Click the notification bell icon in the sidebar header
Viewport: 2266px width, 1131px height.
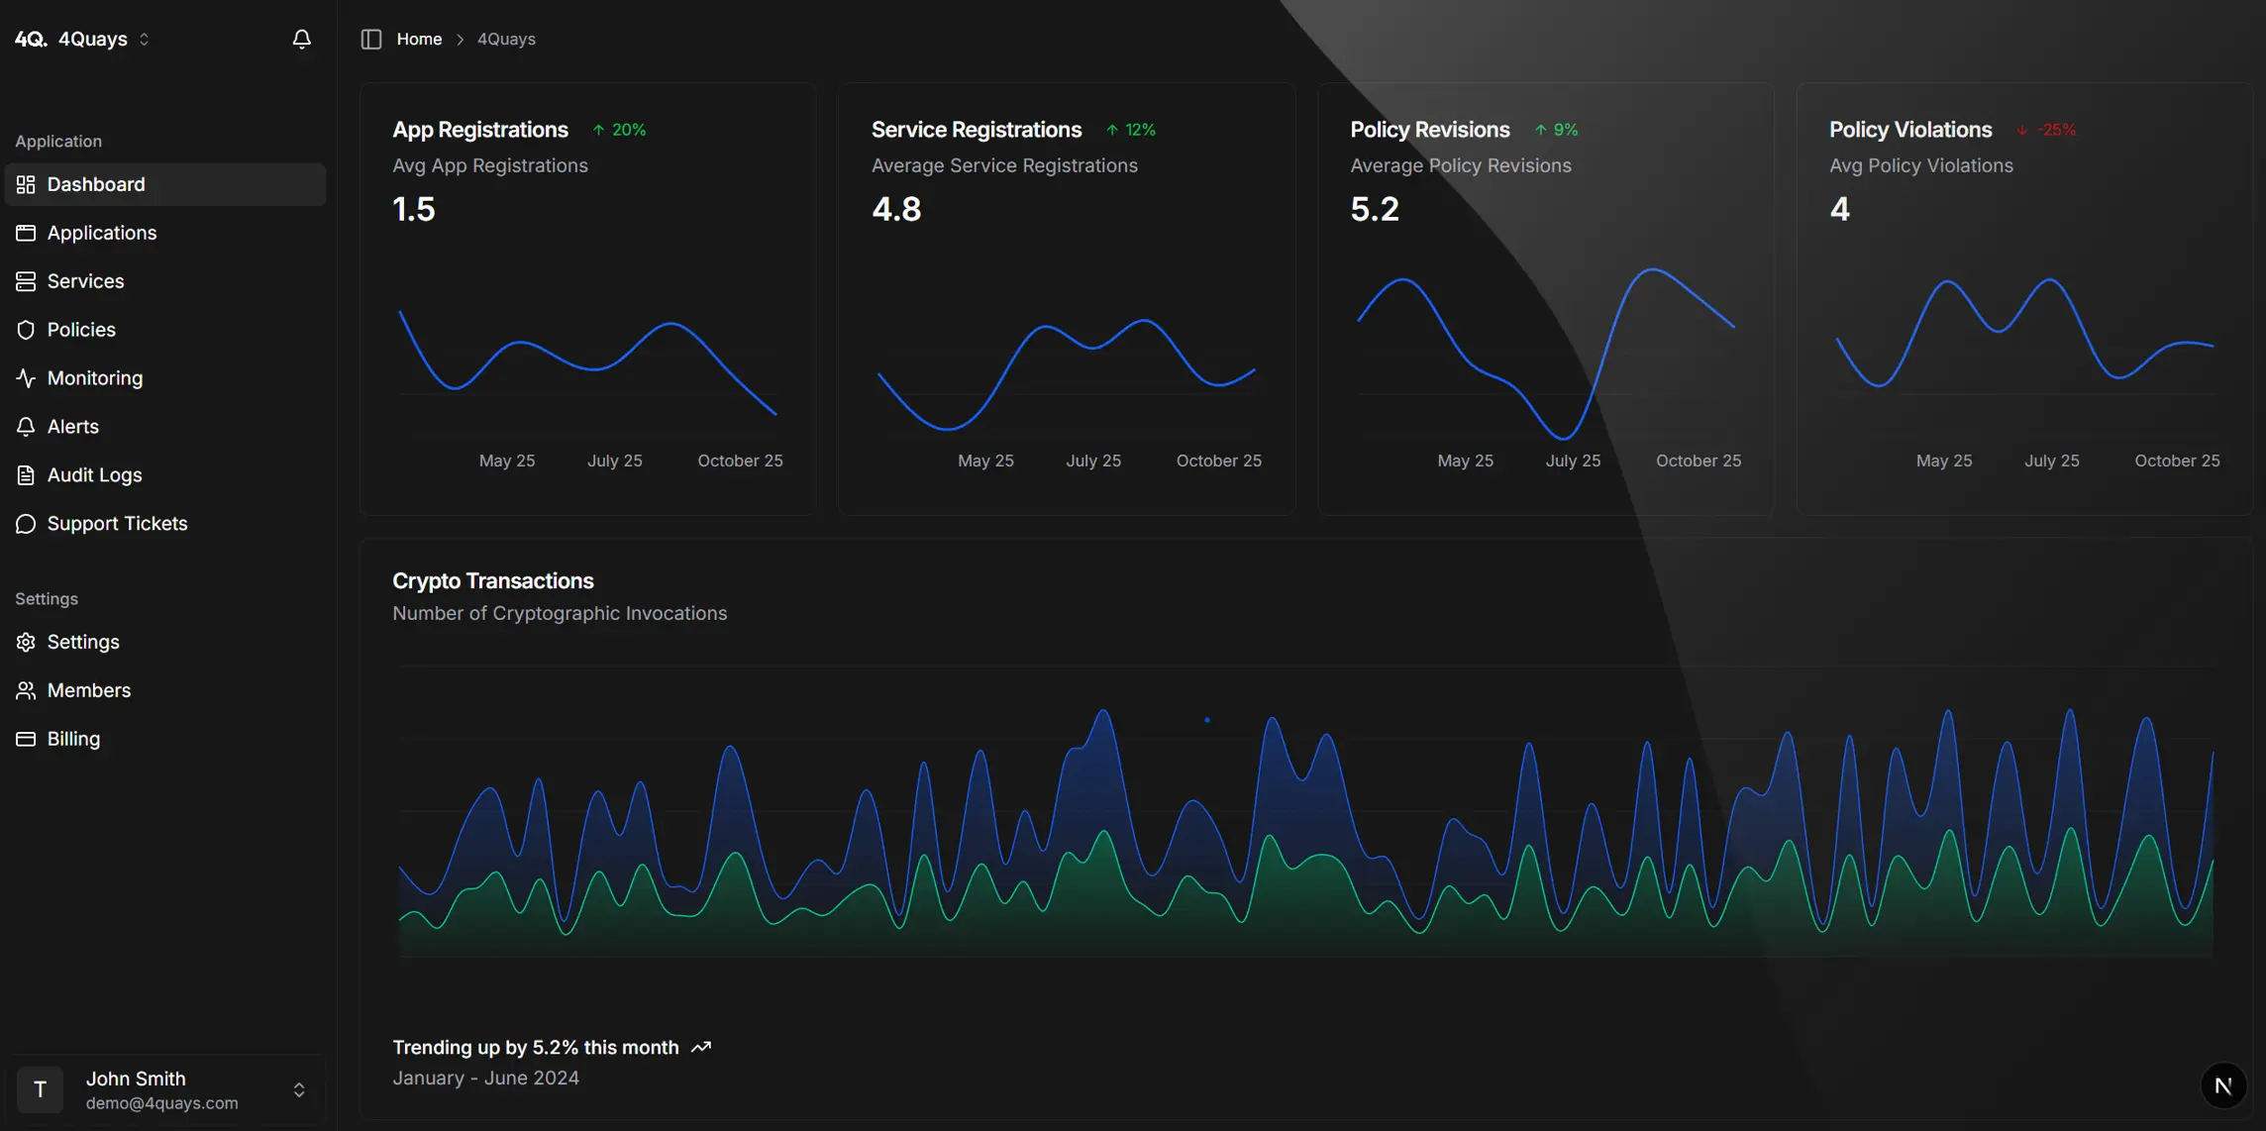click(302, 39)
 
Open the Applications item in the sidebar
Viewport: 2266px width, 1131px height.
click(101, 233)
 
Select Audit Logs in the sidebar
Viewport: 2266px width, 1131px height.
click(94, 475)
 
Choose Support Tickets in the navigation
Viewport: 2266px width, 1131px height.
click(117, 524)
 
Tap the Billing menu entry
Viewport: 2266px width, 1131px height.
click(73, 739)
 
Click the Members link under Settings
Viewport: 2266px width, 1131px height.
click(88, 690)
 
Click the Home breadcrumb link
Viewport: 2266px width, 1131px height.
click(419, 39)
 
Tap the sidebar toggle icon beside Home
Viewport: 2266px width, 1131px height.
click(371, 39)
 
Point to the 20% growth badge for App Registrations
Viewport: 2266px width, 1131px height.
click(620, 130)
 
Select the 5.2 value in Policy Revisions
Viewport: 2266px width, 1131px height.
click(1375, 209)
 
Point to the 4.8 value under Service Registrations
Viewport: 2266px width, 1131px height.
click(896, 209)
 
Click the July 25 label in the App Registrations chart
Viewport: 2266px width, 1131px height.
click(614, 461)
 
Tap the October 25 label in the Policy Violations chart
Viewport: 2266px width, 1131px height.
click(2177, 461)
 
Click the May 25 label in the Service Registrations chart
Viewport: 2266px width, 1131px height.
click(985, 461)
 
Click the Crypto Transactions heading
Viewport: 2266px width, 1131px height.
click(492, 580)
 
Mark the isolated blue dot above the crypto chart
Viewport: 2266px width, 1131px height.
click(1206, 720)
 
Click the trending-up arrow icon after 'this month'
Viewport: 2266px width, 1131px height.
click(701, 1048)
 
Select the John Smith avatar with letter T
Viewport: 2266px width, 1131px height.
click(41, 1089)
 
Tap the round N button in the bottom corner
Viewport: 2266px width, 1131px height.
click(2223, 1085)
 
